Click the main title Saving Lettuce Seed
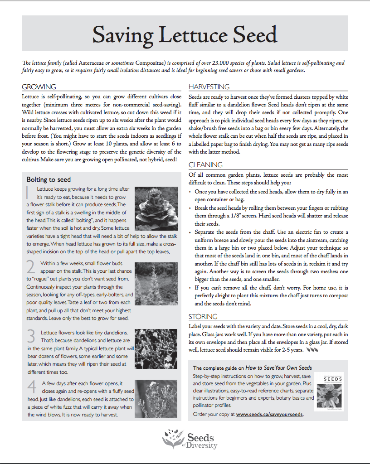pyautogui.click(x=185, y=34)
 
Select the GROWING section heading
pyautogui.click(x=39, y=87)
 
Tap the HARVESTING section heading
pyautogui.click(x=209, y=87)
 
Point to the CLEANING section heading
pyautogui.click(x=205, y=165)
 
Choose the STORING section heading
pyautogui.click(x=203, y=316)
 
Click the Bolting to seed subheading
pyautogui.click(x=49, y=179)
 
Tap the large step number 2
pyautogui.click(x=31, y=266)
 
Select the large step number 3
pyautogui.click(x=31, y=336)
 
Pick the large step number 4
pyautogui.click(x=32, y=386)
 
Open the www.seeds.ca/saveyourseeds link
pyautogui.click(x=269, y=414)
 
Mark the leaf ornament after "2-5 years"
pyautogui.click(x=312, y=350)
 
